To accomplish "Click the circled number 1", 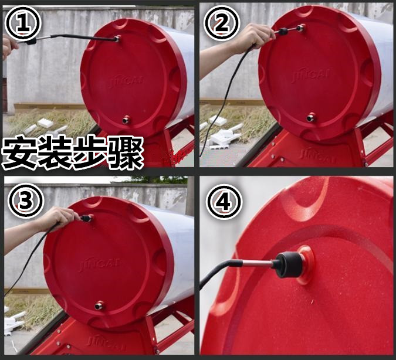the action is click(23, 23).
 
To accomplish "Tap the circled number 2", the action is click(222, 23).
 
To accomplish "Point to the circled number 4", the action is click(224, 202).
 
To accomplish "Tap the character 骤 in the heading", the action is click(126, 153).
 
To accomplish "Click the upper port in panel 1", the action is click(117, 39).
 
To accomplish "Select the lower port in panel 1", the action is click(126, 120).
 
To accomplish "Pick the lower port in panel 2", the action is click(311, 118).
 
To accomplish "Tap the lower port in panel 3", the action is click(99, 305).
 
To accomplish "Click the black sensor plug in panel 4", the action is click(288, 264).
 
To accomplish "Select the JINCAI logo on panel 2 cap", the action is click(310, 75).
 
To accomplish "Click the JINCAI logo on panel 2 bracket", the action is click(318, 155).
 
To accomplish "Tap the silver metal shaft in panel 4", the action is click(258, 264).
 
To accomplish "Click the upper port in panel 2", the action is click(300, 28).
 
